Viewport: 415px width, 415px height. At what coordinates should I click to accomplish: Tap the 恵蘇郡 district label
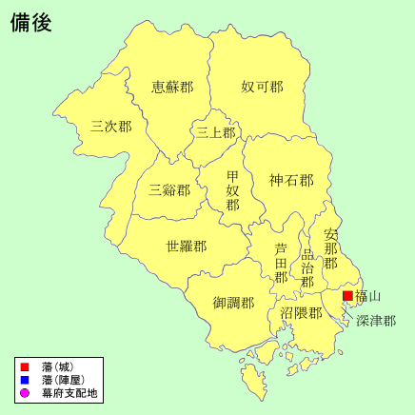[172, 87]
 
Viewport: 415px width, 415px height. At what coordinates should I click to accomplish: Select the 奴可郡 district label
[262, 87]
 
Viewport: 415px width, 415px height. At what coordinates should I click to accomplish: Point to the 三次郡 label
[111, 125]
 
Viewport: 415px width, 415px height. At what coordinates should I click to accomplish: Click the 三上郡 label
[216, 132]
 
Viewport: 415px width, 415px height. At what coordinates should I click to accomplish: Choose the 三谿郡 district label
[169, 188]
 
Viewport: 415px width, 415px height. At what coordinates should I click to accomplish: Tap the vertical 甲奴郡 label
[233, 190]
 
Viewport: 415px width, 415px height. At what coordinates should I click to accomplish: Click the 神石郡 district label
[290, 179]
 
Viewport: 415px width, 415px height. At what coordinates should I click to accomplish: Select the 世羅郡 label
[186, 246]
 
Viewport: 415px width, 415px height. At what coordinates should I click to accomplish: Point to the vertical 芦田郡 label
[281, 262]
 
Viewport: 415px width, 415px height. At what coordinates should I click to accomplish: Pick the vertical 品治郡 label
[306, 269]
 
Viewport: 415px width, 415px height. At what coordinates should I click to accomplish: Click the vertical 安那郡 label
[330, 249]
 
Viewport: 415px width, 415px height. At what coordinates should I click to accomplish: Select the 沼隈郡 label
[301, 312]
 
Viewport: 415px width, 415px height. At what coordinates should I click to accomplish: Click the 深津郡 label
[376, 321]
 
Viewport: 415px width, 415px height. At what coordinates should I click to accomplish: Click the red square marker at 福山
[347, 297]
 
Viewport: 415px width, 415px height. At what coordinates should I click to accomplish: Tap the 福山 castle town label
[368, 296]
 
